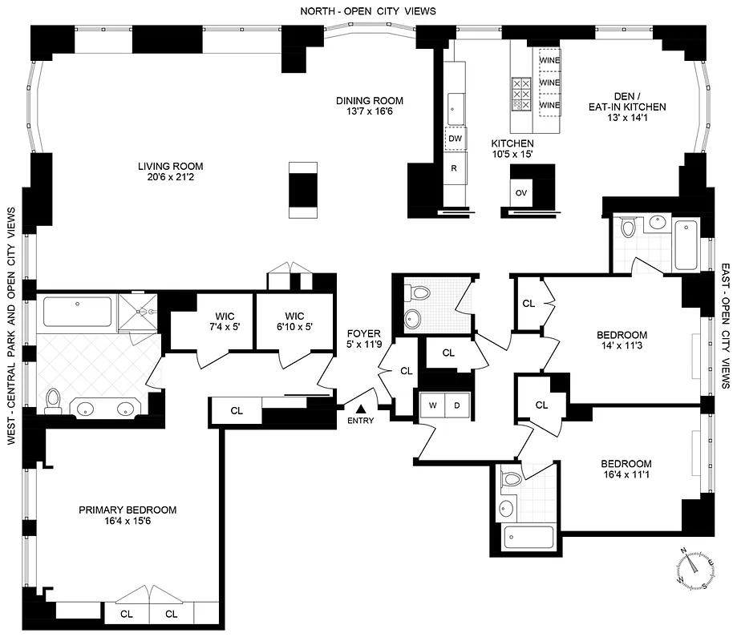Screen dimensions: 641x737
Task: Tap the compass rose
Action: click(694, 566)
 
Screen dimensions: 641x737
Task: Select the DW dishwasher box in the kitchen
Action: click(456, 139)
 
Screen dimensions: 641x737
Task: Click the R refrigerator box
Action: click(455, 168)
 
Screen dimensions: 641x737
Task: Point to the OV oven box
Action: click(521, 193)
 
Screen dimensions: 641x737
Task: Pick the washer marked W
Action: click(432, 405)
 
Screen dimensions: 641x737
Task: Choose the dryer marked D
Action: click(457, 405)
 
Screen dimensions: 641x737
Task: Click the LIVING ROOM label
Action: click(170, 167)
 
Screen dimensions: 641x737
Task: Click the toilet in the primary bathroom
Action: click(54, 399)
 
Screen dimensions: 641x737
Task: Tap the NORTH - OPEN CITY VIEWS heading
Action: click(368, 10)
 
